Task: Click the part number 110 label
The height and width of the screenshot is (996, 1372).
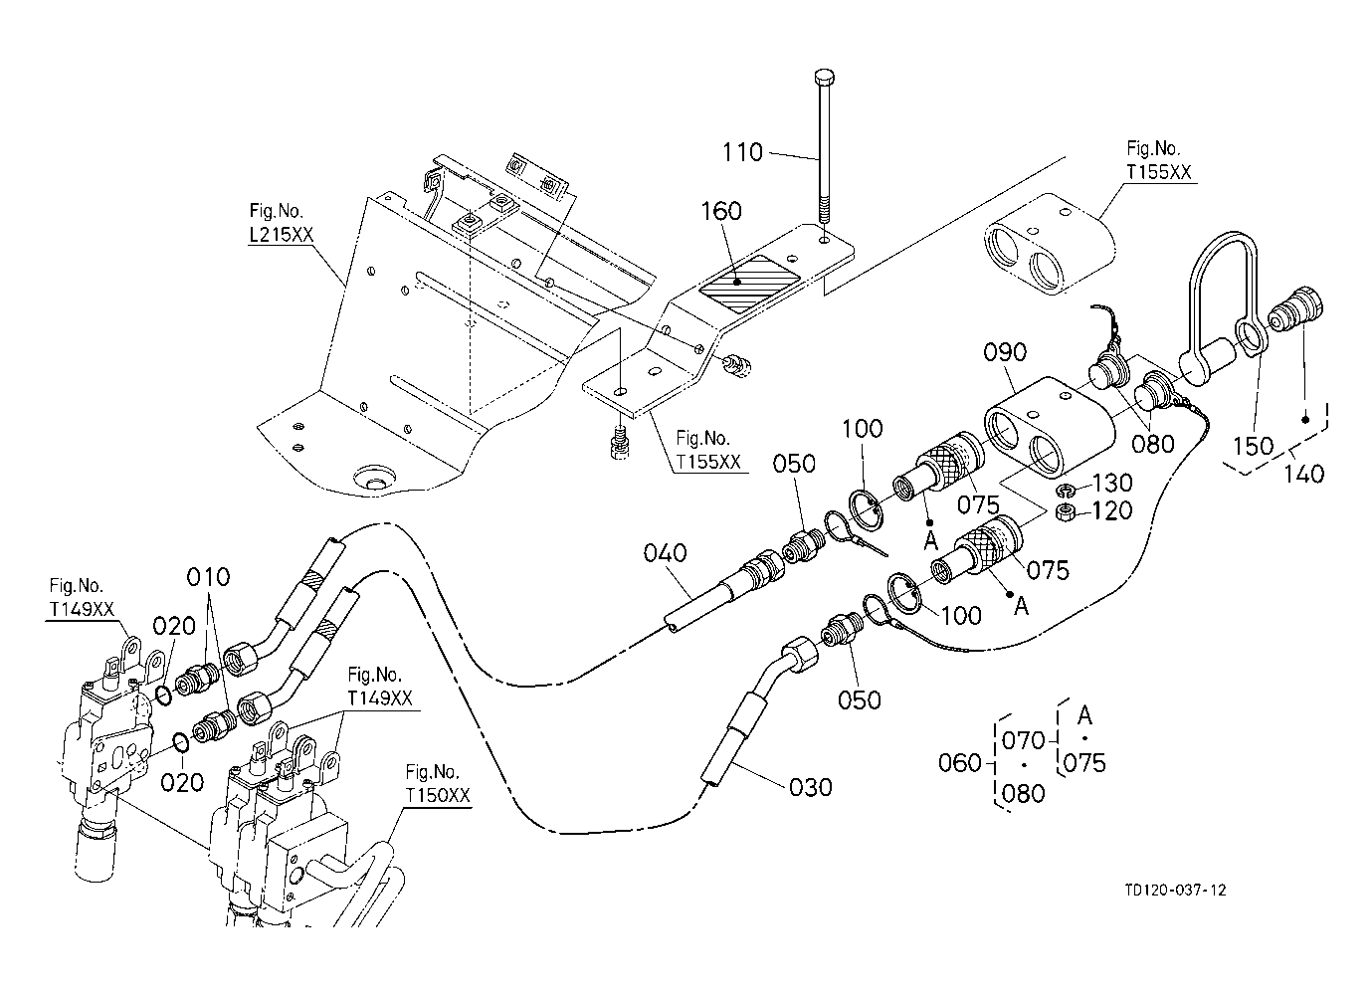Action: [742, 152]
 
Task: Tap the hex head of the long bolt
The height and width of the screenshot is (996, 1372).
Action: [825, 78]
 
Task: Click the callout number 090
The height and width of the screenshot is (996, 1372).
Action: [1005, 352]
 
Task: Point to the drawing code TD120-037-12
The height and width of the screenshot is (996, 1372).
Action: [1175, 890]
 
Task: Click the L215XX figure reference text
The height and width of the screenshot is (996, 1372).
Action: [282, 234]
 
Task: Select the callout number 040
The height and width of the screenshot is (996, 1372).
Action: [665, 553]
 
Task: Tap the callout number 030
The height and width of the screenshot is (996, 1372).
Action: [810, 788]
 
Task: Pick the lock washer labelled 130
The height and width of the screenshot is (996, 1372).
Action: [1067, 490]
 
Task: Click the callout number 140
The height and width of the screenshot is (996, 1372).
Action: [1303, 474]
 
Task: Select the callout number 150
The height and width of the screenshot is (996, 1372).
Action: [1253, 446]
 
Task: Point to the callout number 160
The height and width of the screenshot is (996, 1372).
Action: [721, 211]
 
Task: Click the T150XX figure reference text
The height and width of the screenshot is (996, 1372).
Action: [438, 795]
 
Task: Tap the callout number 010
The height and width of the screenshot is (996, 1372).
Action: [208, 577]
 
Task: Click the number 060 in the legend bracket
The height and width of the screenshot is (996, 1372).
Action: [960, 763]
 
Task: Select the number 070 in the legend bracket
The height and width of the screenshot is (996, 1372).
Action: [1023, 741]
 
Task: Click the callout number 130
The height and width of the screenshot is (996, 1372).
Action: [1112, 484]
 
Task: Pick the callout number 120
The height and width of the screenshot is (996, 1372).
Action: [1112, 510]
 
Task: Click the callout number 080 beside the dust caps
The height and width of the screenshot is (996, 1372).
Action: [1152, 444]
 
